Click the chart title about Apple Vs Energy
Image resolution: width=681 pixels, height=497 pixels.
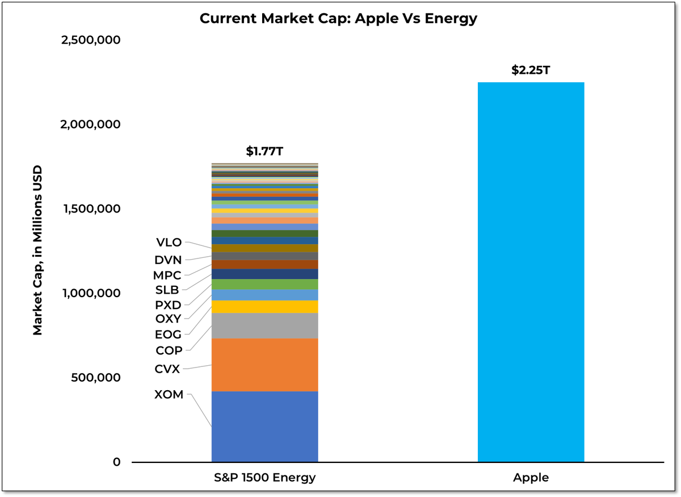click(338, 19)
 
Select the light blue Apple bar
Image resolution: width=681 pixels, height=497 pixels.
click(531, 273)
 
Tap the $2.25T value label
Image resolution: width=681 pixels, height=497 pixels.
click(531, 71)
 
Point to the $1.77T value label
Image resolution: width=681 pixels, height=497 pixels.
click(264, 151)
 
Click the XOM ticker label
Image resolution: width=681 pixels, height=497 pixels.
click(169, 394)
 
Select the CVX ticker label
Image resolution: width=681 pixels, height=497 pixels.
click(167, 369)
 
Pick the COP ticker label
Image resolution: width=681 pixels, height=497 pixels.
click(169, 351)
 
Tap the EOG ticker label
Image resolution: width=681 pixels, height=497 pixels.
click(168, 335)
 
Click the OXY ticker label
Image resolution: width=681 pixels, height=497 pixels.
click(168, 319)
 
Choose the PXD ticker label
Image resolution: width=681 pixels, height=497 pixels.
click(168, 305)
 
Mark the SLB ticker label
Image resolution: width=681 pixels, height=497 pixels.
click(167, 290)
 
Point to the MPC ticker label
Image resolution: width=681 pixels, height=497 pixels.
click(168, 275)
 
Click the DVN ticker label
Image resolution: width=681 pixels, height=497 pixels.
click(168, 260)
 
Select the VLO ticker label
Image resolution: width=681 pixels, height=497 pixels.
click(169, 243)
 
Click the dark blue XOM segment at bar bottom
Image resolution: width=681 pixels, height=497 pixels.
click(264, 426)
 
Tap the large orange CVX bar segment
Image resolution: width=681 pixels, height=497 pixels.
click(264, 365)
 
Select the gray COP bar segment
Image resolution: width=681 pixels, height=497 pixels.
click(264, 325)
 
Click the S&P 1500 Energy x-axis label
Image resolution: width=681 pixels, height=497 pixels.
click(264, 478)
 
